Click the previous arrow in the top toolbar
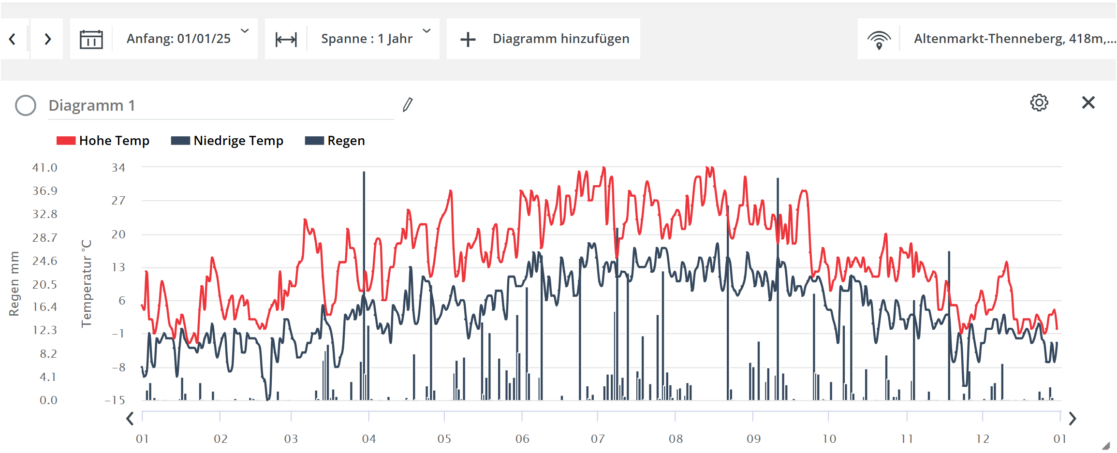13,39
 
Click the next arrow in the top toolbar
47,39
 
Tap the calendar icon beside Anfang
91,39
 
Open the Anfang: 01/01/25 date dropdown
186,39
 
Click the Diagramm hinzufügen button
544,39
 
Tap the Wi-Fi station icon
879,39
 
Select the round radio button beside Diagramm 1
26,105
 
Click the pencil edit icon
408,104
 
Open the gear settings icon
1039,102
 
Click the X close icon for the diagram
1088,102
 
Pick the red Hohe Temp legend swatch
66,141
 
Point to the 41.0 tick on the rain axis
45,168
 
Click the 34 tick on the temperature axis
118,168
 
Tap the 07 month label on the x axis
598,438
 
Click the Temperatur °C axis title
87,283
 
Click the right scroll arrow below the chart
1073,418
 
